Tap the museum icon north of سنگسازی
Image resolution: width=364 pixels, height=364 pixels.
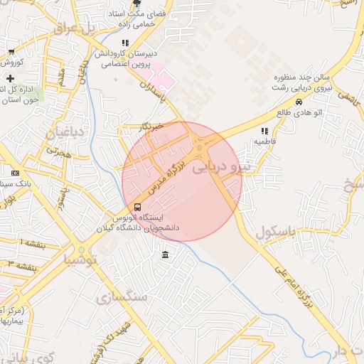[x=165, y=255]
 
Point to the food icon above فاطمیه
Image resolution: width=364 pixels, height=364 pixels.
[x=264, y=131]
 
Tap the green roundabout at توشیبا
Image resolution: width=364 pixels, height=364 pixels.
[x=82, y=250]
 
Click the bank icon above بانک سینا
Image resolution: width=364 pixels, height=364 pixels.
[x=15, y=173]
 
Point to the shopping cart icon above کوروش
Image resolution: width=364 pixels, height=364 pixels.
[x=11, y=52]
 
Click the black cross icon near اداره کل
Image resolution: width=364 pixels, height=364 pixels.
[x=10, y=77]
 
